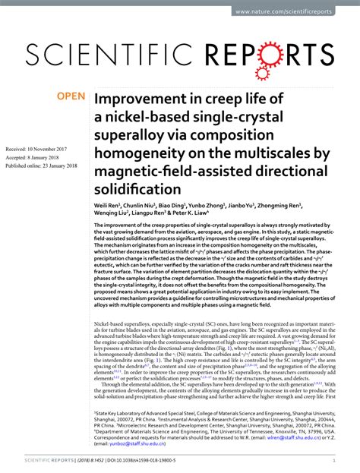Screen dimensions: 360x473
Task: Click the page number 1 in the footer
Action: pyautogui.click(x=334, y=460)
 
